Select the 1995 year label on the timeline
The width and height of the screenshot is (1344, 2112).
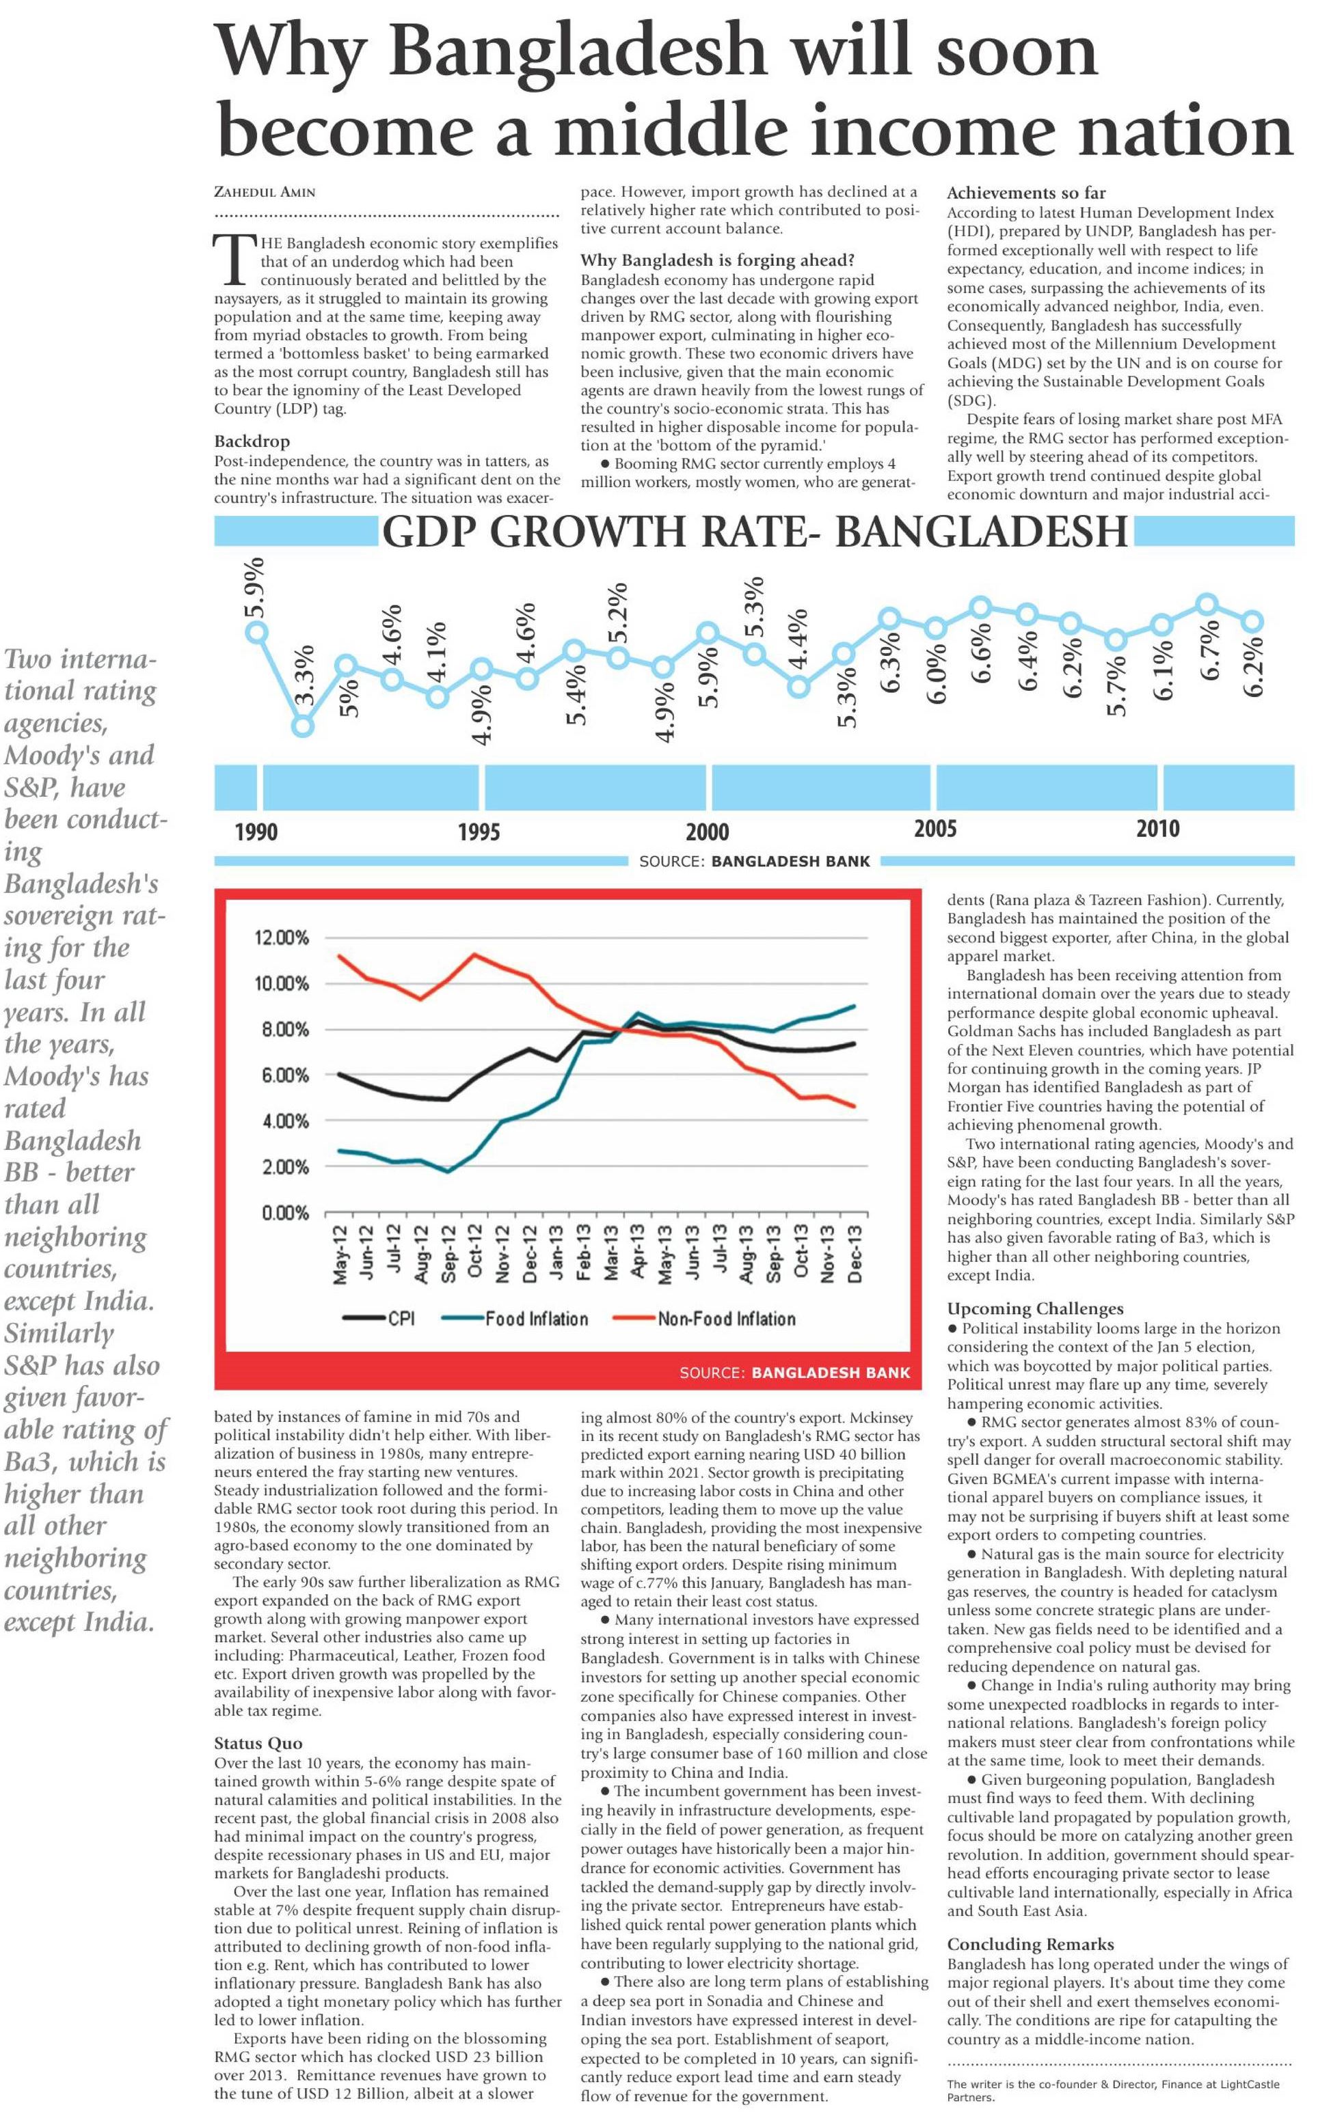pyautogui.click(x=479, y=829)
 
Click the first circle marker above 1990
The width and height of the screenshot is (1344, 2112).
pyautogui.click(x=257, y=631)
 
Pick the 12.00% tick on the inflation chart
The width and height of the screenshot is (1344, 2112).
pyautogui.click(x=282, y=937)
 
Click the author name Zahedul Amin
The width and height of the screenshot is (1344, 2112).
pyautogui.click(x=265, y=192)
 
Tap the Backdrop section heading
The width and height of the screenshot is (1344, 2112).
pyautogui.click(x=252, y=441)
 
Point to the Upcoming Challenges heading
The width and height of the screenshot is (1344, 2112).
pyautogui.click(x=1035, y=1308)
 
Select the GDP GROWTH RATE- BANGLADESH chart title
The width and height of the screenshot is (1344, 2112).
pyautogui.click(x=755, y=532)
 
